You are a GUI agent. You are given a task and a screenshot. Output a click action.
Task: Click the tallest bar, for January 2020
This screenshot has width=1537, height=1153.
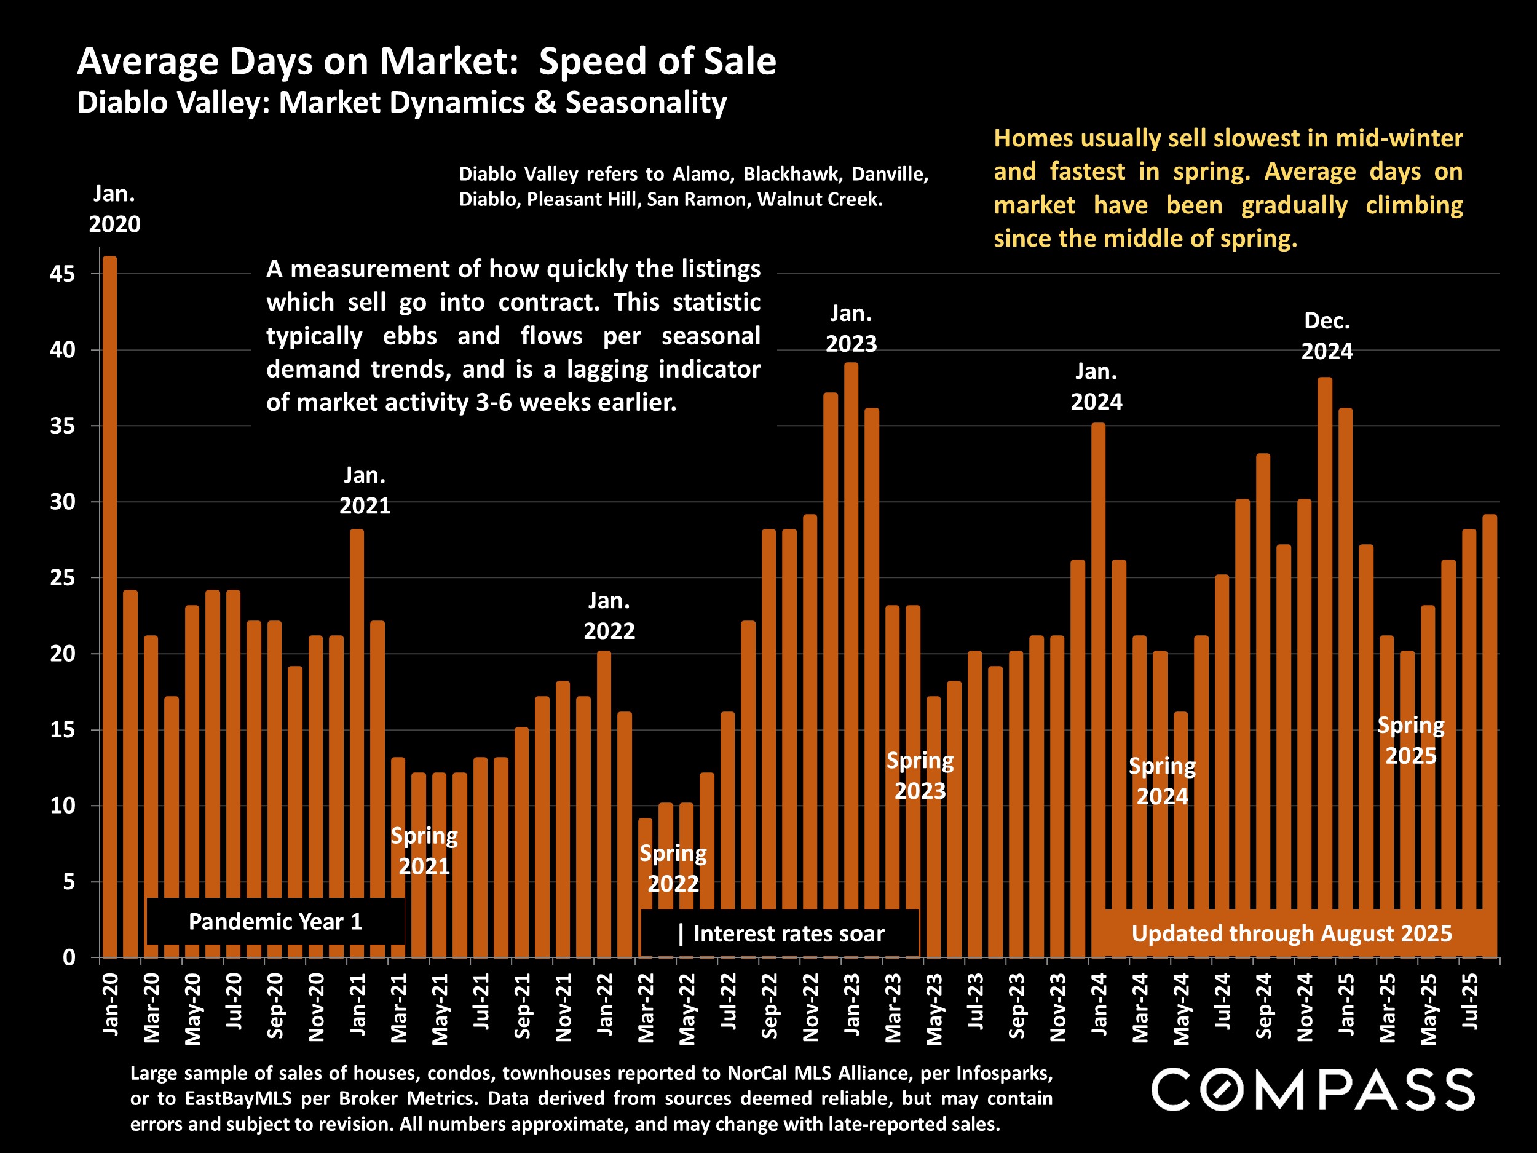click(x=110, y=604)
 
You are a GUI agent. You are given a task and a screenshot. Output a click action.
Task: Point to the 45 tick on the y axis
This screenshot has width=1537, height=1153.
click(x=62, y=274)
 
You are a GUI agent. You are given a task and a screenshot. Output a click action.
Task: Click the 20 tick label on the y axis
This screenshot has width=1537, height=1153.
click(x=62, y=654)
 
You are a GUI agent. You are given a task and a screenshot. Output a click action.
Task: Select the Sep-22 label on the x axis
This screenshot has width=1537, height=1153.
click(x=769, y=1005)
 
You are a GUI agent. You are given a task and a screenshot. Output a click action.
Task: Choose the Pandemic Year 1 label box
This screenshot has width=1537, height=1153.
click(x=275, y=922)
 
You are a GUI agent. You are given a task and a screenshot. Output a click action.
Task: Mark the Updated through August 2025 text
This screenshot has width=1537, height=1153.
click(x=1291, y=933)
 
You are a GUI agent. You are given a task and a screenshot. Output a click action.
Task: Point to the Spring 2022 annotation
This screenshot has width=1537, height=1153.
click(x=673, y=868)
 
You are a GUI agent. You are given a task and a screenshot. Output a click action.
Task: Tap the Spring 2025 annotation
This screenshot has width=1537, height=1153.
click(x=1410, y=740)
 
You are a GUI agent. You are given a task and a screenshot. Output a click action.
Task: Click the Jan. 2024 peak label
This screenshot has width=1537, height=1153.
click(x=1096, y=386)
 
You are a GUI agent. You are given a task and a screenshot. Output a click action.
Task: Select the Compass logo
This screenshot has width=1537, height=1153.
click(x=1313, y=1089)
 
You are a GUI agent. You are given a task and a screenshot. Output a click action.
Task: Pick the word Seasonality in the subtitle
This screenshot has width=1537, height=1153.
click(x=646, y=103)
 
